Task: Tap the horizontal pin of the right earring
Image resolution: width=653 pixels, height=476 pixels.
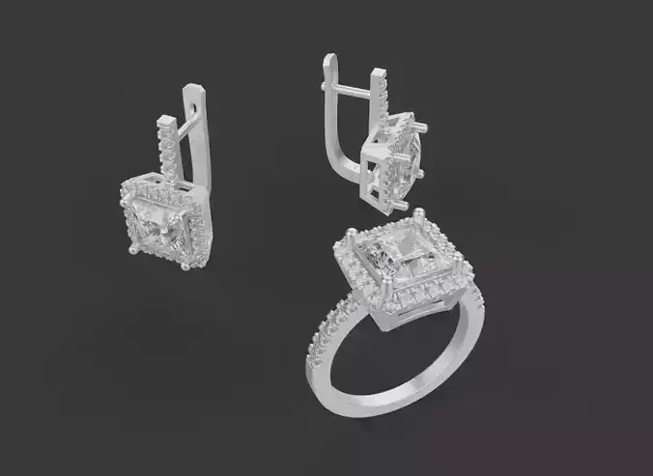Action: tap(359, 91)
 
